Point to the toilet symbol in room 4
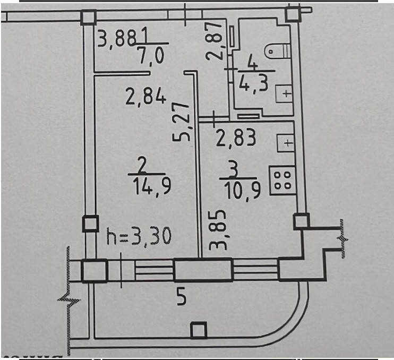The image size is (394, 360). (x=278, y=51)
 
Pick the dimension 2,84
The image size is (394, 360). (x=145, y=97)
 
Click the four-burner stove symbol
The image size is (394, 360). (x=282, y=179)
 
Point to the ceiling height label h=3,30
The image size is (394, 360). (x=139, y=236)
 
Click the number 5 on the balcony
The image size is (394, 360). (x=181, y=298)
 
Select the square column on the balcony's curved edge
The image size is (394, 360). (x=198, y=330)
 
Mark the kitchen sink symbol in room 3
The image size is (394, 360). (x=286, y=142)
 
